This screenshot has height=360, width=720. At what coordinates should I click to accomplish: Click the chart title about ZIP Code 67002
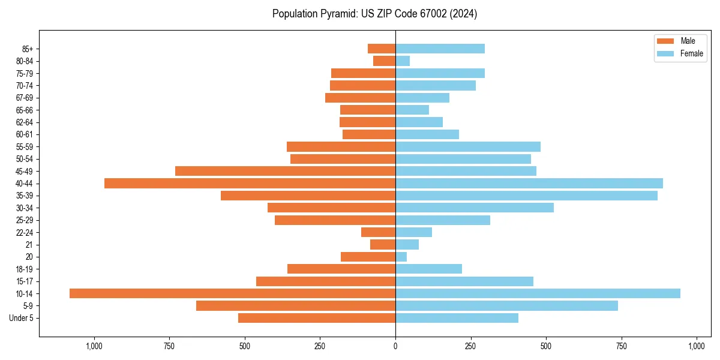pos(374,14)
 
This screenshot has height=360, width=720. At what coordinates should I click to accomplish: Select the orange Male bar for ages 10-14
pos(232,293)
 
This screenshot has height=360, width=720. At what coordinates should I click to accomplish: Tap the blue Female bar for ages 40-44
pos(529,183)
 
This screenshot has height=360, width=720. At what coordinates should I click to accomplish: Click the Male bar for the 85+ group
pos(382,49)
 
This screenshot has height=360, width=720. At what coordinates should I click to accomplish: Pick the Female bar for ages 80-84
pos(403,61)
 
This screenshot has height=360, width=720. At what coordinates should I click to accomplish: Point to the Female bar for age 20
pos(401,257)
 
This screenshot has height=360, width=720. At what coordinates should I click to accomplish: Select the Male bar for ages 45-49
pos(285,171)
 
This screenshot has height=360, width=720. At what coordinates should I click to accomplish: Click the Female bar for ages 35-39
pos(526,196)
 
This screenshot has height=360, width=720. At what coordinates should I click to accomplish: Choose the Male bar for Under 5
pos(317,318)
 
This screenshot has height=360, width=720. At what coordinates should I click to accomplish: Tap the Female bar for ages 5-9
pos(506,305)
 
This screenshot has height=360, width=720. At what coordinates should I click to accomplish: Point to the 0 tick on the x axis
pos(395,346)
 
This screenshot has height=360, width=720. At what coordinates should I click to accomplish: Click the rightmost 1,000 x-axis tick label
pos(697,346)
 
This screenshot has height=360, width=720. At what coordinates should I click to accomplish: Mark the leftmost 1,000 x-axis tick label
pos(94,346)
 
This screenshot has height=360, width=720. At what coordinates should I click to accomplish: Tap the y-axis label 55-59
pos(24,146)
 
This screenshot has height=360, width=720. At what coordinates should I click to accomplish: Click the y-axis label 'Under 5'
pos(21,318)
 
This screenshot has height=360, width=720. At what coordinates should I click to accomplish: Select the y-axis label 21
pos(29,245)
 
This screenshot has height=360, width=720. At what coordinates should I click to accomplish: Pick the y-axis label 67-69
pos(24,98)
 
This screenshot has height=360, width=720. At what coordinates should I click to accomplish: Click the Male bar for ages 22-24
pos(378,232)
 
